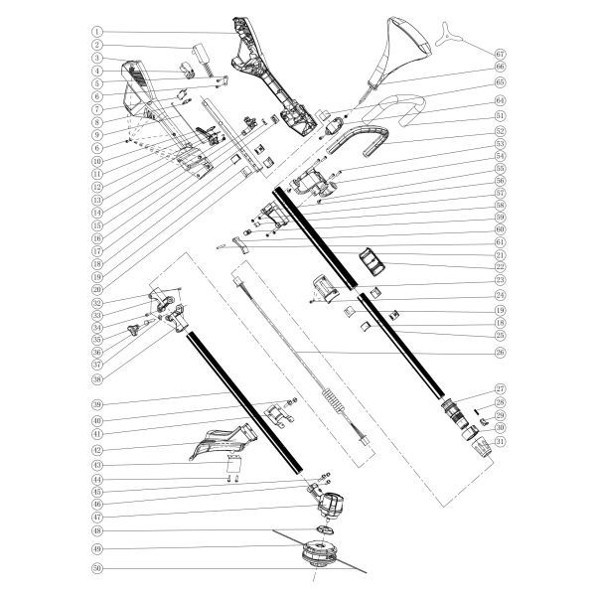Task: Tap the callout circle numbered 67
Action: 500,53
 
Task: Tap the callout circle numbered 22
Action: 500,267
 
